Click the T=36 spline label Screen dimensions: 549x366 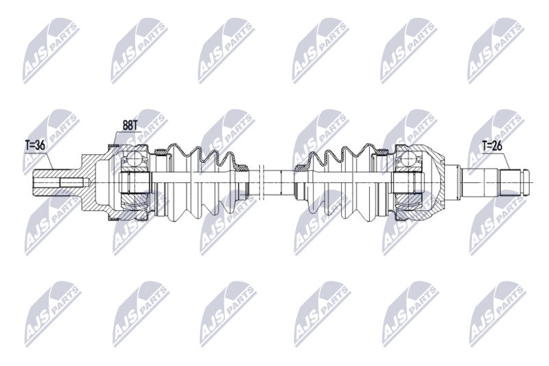coord(35,145)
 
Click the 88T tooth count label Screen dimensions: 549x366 coord(130,125)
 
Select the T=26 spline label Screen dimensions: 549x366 coord(492,145)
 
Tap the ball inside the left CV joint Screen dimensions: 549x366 coord(133,160)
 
